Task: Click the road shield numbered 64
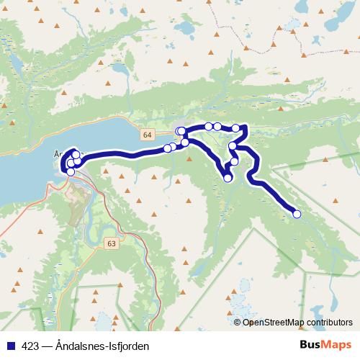[x=147, y=135]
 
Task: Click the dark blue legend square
[x=9, y=346]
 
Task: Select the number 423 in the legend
[x=31, y=346]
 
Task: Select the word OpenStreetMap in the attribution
[x=271, y=323]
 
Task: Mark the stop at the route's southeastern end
[x=297, y=214]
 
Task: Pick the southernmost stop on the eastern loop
[x=228, y=178]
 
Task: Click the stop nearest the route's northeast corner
[x=235, y=128]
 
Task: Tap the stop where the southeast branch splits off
[x=233, y=146]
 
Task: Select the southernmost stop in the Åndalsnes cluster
[x=70, y=171]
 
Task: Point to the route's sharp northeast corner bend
[x=246, y=127]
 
